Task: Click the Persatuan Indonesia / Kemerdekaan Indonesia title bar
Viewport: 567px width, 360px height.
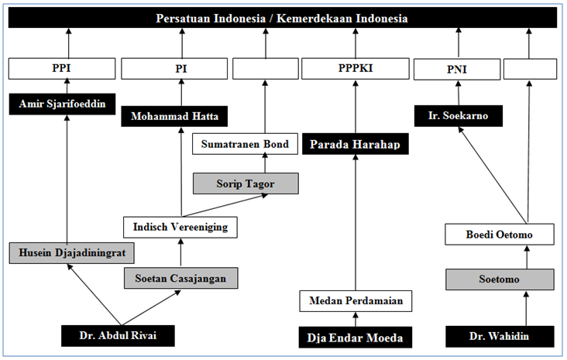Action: (x=282, y=18)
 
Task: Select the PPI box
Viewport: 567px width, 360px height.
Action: (x=60, y=68)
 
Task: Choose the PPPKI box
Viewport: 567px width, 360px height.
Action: (x=356, y=68)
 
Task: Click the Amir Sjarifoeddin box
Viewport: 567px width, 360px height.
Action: (x=61, y=105)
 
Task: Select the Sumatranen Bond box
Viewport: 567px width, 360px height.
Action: (x=245, y=144)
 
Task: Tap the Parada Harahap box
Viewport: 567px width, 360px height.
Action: (x=356, y=145)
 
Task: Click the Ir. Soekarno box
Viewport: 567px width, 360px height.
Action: (x=458, y=116)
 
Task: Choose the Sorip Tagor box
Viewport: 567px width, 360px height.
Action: (x=245, y=183)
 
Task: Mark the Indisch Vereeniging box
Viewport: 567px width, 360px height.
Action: (x=180, y=227)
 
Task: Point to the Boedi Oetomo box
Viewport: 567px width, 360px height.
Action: (x=500, y=233)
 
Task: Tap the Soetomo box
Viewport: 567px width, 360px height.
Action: (x=500, y=279)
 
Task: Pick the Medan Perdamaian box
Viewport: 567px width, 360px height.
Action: (x=356, y=300)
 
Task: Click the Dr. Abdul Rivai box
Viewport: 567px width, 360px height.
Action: (x=118, y=336)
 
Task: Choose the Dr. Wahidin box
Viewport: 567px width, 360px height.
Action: (x=500, y=336)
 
